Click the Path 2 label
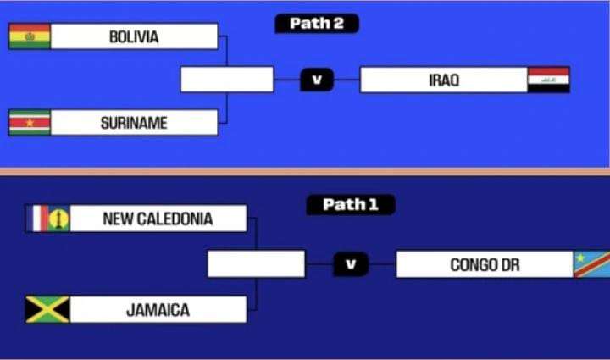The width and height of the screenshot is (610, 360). coord(317,24)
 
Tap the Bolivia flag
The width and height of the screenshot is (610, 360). coord(30,36)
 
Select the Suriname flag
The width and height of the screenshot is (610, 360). coord(30,123)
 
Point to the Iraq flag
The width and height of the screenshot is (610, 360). coord(549,80)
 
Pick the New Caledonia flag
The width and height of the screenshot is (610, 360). coord(47,219)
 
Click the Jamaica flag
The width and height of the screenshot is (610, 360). coord(47,309)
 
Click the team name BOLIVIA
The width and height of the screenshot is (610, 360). coord(134,36)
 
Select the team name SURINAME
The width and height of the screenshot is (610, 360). coord(134,123)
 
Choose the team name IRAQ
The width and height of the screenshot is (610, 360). coord(443,80)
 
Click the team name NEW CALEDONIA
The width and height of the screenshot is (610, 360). coord(158,219)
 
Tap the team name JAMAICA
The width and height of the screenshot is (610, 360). coord(158,309)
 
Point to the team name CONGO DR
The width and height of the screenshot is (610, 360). coord(485,264)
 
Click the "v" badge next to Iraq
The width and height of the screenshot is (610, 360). coord(317,80)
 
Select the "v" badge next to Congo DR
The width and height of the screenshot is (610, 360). coord(351,264)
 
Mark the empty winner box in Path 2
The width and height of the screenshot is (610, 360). coord(227,80)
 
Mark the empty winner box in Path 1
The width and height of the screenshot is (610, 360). coord(256,264)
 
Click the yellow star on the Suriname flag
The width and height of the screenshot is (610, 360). coord(30,123)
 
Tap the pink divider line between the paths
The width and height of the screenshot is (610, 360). coord(305,172)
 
